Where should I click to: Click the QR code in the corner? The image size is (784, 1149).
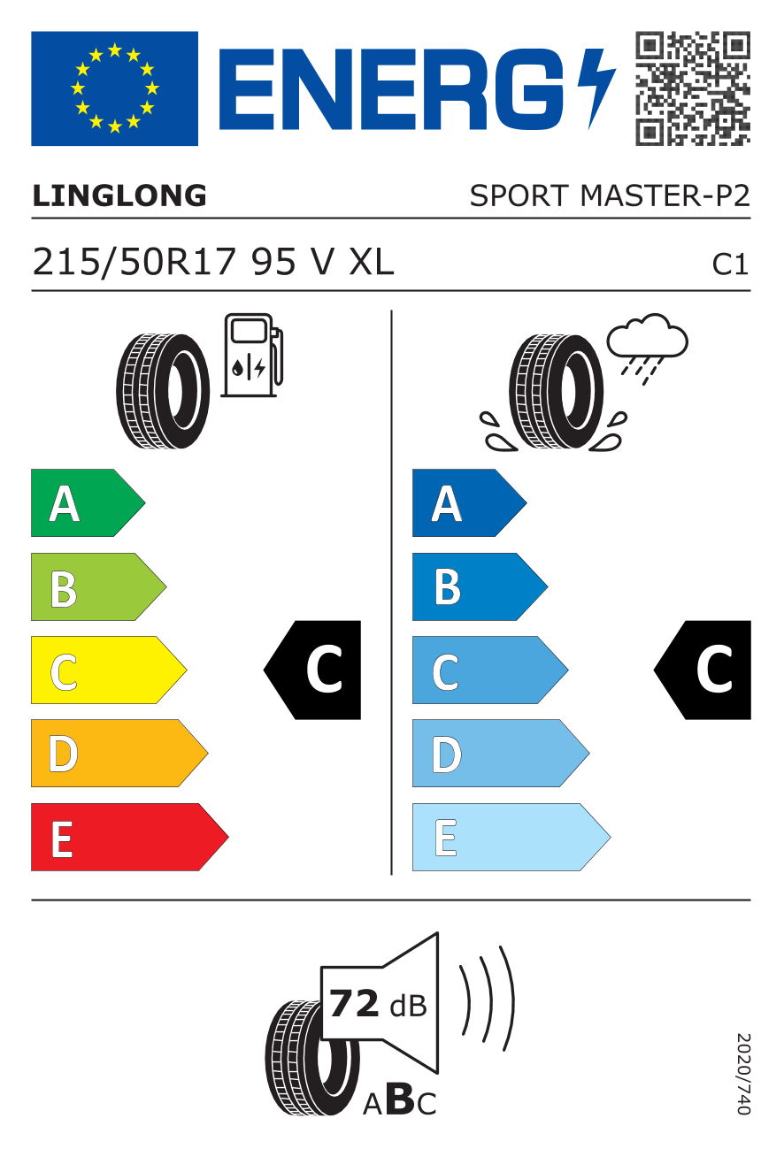pyautogui.click(x=693, y=88)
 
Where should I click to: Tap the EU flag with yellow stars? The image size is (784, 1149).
pyautogui.click(x=114, y=88)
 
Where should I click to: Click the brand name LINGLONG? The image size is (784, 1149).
pyautogui.click(x=119, y=196)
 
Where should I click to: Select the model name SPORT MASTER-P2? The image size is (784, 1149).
pyautogui.click(x=609, y=196)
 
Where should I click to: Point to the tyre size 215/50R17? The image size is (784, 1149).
pyautogui.click(x=136, y=262)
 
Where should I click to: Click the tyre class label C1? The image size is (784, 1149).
pyautogui.click(x=731, y=264)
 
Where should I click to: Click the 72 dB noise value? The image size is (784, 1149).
pyautogui.click(x=377, y=1004)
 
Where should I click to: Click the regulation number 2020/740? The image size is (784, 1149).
pyautogui.click(x=742, y=1073)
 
